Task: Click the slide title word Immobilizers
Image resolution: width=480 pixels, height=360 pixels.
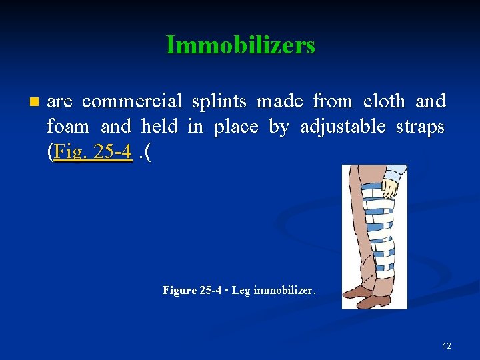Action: click(240, 45)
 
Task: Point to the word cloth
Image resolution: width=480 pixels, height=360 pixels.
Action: click(384, 101)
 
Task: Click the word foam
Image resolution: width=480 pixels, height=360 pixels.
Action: click(68, 127)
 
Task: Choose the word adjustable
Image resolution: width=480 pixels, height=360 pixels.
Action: click(340, 127)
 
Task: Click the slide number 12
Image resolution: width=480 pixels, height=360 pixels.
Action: click(447, 346)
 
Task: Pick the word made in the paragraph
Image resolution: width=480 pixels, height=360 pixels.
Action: click(279, 101)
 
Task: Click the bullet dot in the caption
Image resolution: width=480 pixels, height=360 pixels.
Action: click(227, 291)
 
